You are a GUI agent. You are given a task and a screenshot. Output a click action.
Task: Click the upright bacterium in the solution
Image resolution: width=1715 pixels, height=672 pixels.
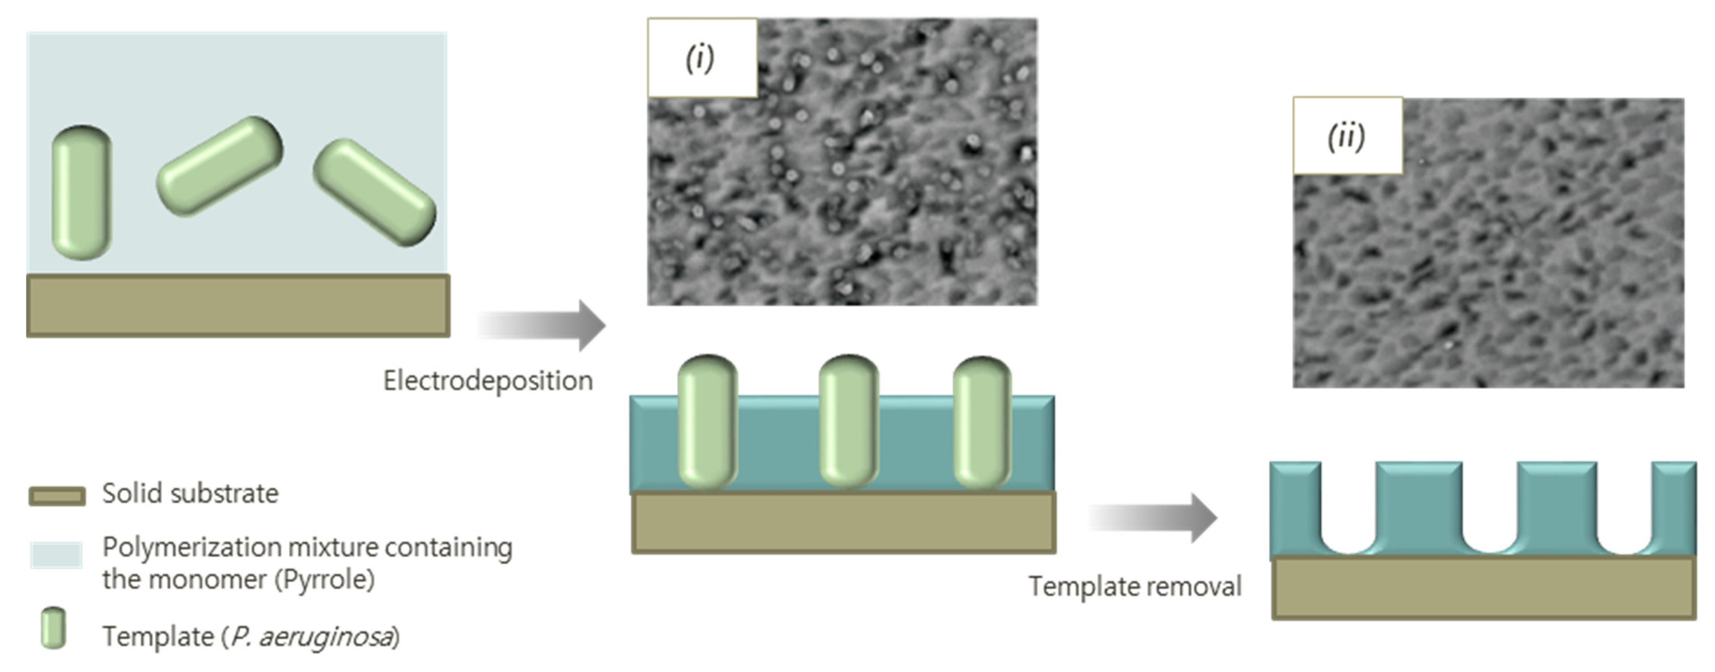(x=82, y=192)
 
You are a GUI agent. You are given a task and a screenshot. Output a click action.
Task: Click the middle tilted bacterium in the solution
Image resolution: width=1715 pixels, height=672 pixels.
(x=220, y=166)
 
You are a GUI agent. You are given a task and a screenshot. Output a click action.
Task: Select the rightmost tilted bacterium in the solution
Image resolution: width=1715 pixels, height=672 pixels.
(x=374, y=192)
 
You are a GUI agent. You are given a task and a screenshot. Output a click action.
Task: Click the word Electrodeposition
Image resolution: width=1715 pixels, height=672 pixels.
(x=487, y=381)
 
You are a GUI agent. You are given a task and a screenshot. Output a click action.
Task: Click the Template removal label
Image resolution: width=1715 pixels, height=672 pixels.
(x=1135, y=587)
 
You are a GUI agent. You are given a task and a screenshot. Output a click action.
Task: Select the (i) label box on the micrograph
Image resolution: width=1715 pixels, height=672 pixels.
(x=702, y=59)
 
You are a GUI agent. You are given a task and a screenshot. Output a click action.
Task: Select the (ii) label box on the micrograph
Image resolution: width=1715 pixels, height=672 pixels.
(x=1347, y=136)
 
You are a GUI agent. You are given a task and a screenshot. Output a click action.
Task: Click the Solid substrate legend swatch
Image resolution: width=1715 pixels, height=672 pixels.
(x=57, y=496)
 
